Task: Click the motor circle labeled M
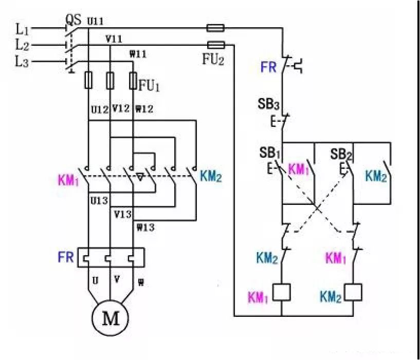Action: coord(110,317)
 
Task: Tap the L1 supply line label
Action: coord(22,29)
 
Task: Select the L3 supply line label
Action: coord(22,62)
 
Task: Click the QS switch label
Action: coord(73,20)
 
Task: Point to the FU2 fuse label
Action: coord(213,59)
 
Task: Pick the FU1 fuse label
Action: coord(149,86)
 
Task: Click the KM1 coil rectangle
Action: coord(282,292)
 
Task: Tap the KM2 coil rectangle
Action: coord(353,292)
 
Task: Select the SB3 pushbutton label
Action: coord(268,104)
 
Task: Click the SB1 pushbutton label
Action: coord(270,153)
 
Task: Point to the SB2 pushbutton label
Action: coord(341,155)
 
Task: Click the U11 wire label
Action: coord(95,22)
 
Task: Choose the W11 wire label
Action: coord(138,54)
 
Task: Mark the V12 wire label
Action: coord(121,108)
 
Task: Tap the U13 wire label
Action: coord(99,200)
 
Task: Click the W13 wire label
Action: coord(145,228)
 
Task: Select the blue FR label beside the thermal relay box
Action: coord(66,257)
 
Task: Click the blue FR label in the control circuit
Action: coord(268,67)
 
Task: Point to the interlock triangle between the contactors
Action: coord(140,177)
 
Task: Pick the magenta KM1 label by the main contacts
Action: coord(68,180)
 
